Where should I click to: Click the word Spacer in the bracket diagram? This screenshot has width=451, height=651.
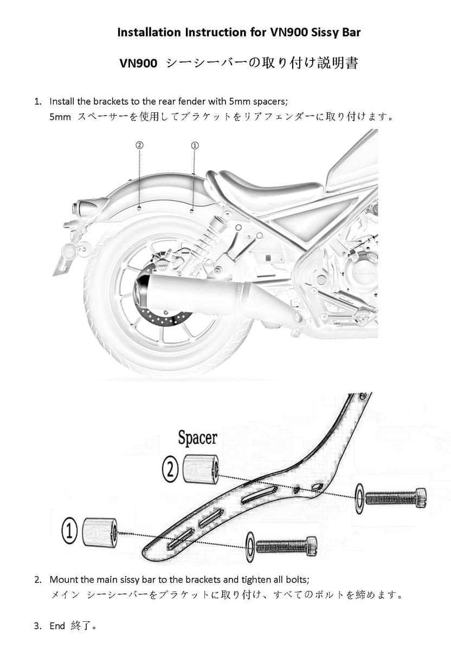197,438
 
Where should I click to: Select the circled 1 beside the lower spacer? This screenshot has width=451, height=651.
69,530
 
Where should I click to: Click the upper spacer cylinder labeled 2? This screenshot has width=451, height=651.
201,469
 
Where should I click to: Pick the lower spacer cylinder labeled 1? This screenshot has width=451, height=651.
100,531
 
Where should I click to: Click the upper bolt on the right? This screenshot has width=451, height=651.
396,496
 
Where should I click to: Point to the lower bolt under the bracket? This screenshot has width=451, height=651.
286,545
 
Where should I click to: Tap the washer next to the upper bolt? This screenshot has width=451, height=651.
359,497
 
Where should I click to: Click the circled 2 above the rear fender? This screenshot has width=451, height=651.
140,145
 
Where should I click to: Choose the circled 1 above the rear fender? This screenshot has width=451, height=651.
195,145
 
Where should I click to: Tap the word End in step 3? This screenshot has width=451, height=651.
57,626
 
